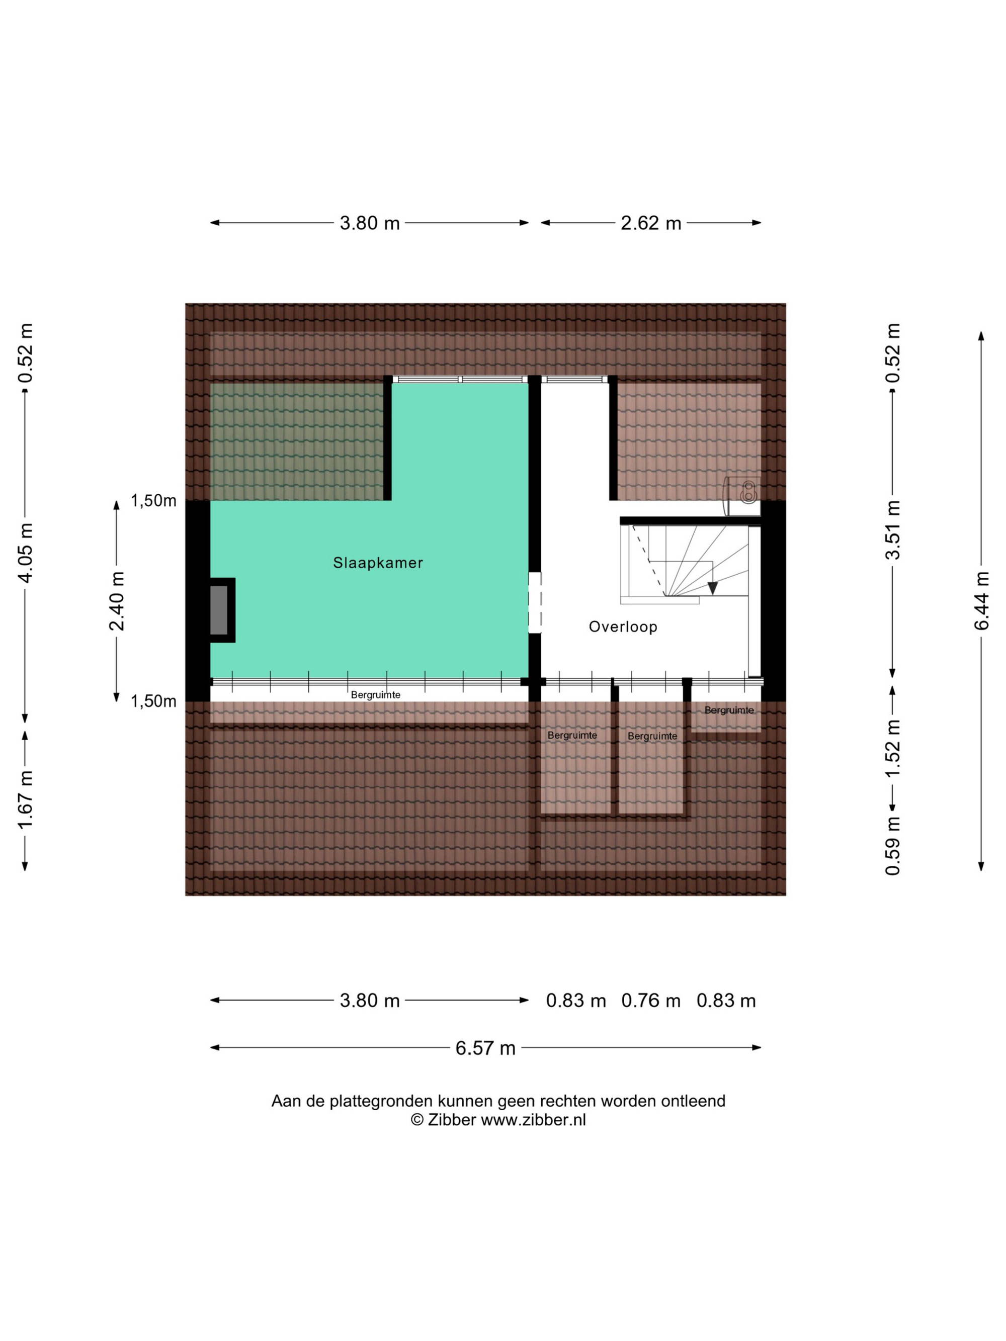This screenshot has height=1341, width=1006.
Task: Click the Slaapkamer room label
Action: tap(378, 563)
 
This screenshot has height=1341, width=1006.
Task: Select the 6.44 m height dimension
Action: tap(981, 601)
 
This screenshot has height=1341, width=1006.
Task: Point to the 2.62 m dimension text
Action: tap(651, 223)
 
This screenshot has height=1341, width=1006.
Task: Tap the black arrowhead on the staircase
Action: tap(713, 587)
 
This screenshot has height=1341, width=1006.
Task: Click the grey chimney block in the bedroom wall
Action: tap(219, 610)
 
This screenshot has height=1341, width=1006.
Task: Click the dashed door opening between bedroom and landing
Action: tap(534, 602)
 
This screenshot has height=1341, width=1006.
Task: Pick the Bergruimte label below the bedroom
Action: tap(375, 695)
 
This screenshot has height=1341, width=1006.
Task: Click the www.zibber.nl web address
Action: tap(533, 1120)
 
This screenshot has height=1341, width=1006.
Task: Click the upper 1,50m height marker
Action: tap(153, 501)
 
